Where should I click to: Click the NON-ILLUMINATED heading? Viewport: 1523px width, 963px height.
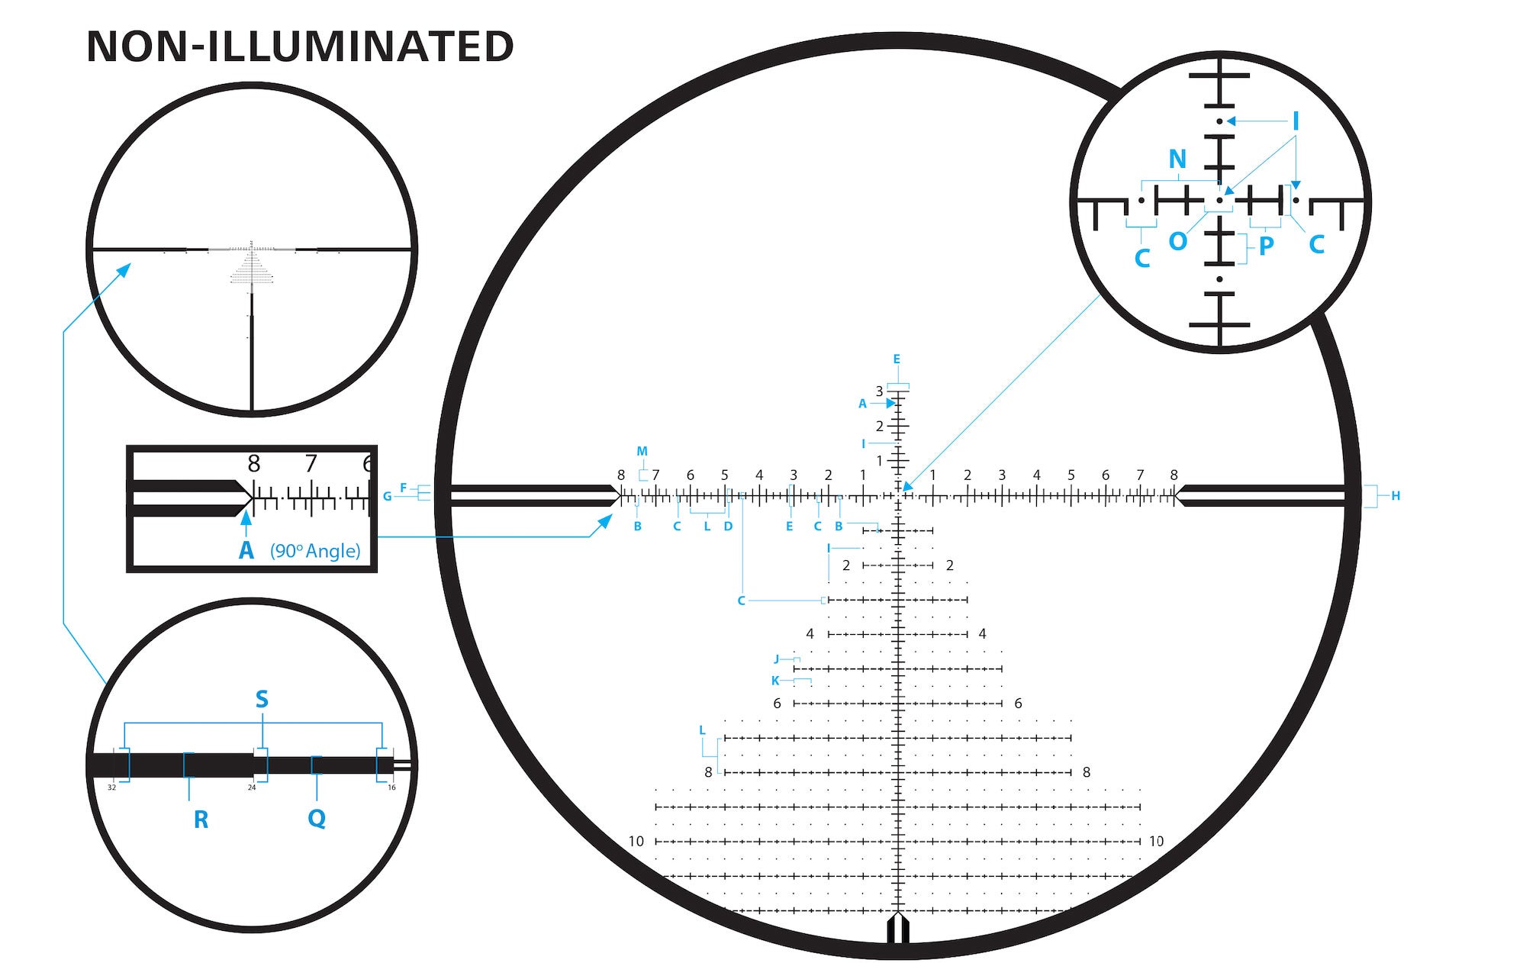coord(300,47)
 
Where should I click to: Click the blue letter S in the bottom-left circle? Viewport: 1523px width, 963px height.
coord(262,699)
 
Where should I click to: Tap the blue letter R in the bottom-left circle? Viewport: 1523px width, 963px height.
coord(201,820)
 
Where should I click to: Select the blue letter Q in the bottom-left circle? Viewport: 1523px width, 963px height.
coord(317,818)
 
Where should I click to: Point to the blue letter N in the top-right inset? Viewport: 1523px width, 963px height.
coord(1177,159)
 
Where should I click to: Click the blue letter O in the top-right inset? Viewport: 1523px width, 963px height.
coord(1177,241)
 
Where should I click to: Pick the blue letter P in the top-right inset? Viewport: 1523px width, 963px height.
coord(1267,246)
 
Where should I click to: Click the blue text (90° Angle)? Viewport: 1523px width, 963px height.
coord(315,551)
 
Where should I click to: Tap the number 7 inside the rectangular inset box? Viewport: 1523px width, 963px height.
coord(311,463)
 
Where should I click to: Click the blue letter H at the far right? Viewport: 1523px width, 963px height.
coord(1396,496)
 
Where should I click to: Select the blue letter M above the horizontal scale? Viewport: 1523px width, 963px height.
coord(642,452)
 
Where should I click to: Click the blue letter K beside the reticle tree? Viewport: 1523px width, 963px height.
coord(775,681)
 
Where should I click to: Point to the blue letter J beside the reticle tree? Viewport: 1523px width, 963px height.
coord(777,659)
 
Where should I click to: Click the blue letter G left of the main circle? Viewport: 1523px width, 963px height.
coord(387,497)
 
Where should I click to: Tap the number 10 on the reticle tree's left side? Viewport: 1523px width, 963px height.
coord(636,842)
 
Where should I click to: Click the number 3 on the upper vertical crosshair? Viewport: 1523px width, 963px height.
coord(879,391)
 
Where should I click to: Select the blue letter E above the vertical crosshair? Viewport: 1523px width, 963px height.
coord(897,359)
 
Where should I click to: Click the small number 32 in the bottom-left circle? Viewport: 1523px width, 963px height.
coord(111,787)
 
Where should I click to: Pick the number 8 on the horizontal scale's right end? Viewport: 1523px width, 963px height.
coord(1174,475)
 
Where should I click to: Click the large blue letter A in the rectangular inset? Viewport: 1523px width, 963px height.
coord(246,550)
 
